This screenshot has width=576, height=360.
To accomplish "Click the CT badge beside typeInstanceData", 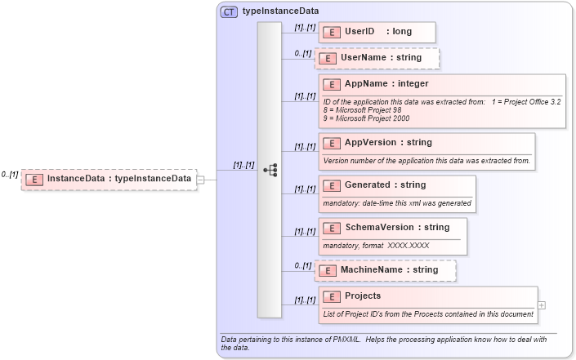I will click(229, 11).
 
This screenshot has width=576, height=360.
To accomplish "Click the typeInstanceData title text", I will click(280, 11).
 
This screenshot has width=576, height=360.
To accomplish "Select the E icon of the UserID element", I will click(332, 32).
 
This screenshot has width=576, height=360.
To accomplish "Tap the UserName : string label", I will click(381, 58).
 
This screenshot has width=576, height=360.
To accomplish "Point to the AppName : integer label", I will click(386, 83).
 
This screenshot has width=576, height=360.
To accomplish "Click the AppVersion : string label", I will click(388, 143).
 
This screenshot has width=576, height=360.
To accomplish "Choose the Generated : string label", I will click(385, 185).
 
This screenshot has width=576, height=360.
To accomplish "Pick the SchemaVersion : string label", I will click(397, 227).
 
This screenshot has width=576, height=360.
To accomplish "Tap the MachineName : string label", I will click(389, 269).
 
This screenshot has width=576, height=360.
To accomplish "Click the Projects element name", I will click(363, 296).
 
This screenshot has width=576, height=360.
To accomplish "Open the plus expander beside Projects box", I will click(542, 305).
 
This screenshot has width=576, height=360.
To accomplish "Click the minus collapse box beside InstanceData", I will click(201, 180).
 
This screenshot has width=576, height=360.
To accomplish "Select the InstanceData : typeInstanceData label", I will click(119, 179).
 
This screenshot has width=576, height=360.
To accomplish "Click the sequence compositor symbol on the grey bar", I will click(270, 170).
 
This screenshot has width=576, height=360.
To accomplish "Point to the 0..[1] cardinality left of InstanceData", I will click(10, 175).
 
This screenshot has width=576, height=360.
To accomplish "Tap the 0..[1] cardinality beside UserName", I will click(303, 54).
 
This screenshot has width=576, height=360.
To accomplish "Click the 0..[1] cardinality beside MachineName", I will click(303, 265).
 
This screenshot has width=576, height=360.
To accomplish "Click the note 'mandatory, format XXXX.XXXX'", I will click(376, 245).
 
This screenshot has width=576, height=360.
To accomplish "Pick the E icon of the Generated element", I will click(332, 185).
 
